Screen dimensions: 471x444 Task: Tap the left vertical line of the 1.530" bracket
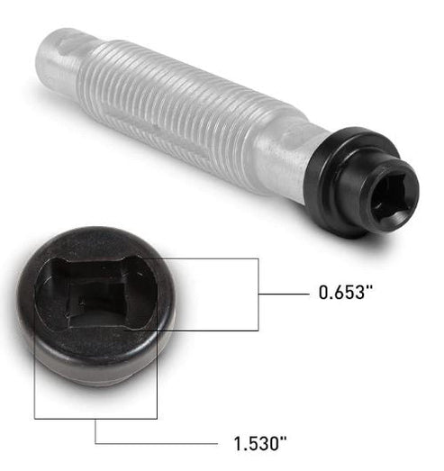[x=34, y=378]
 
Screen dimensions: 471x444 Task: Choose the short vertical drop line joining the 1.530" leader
[x=95, y=430]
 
